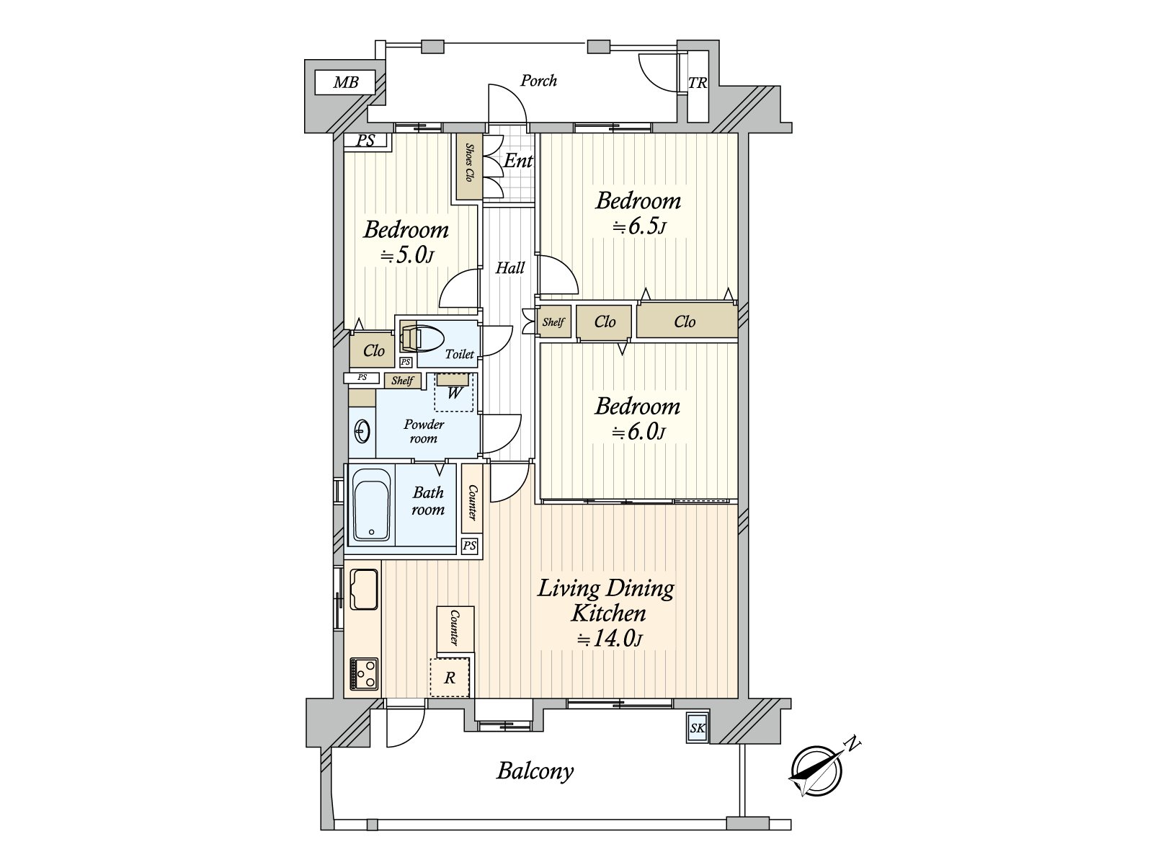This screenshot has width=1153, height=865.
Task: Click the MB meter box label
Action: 346,82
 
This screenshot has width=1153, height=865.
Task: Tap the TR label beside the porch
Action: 698,83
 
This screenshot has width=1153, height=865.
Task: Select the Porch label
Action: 538,80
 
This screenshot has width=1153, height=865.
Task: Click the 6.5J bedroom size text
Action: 639,227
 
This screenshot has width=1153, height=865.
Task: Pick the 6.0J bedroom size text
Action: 638,432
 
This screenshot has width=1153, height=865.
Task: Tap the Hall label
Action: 510,268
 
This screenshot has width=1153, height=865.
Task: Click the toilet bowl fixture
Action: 422,337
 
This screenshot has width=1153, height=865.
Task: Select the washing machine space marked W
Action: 454,392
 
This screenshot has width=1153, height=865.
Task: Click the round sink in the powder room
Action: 362,432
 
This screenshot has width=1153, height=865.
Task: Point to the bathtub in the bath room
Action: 371,504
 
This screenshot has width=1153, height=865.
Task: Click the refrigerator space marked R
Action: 450,678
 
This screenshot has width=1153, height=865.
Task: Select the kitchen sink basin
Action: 364,589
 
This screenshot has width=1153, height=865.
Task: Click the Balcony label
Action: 535,771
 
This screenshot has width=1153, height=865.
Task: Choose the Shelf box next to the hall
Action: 553,321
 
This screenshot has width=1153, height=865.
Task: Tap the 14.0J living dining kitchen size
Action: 610,639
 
